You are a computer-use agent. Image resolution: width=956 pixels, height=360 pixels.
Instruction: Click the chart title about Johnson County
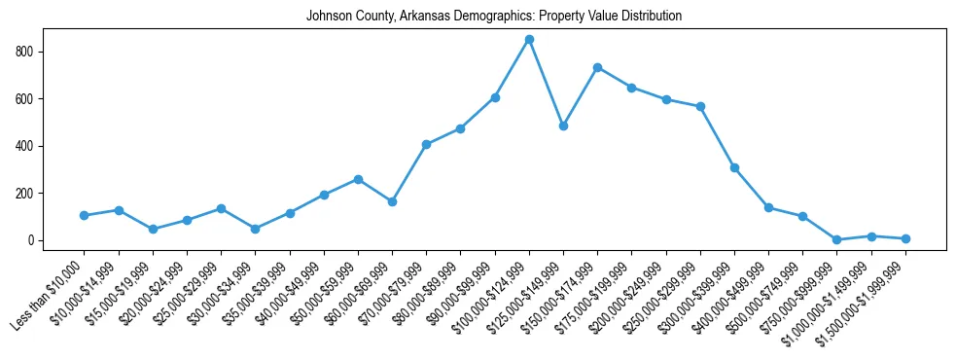click(494, 17)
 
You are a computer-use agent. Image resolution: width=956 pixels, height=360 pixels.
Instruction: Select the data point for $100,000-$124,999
click(529, 39)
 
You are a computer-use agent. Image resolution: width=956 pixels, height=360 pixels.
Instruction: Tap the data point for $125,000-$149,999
click(563, 126)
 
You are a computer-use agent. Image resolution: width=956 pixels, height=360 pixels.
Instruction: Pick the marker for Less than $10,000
click(85, 215)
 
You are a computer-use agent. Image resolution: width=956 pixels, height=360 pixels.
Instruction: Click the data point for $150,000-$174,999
click(597, 67)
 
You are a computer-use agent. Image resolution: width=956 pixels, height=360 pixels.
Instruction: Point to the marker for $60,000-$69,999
click(392, 201)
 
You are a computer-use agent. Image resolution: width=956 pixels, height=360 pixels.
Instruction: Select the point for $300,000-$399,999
click(734, 167)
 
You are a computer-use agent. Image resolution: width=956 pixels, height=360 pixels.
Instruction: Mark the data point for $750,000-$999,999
click(836, 239)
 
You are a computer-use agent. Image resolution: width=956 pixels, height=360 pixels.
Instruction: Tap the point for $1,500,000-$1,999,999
click(905, 238)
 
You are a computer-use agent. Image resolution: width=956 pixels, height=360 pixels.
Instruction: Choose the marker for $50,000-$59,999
click(358, 179)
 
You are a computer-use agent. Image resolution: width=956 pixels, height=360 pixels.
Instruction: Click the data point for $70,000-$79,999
click(426, 144)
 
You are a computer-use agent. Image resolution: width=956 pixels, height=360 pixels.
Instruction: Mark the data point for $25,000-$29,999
click(221, 208)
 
